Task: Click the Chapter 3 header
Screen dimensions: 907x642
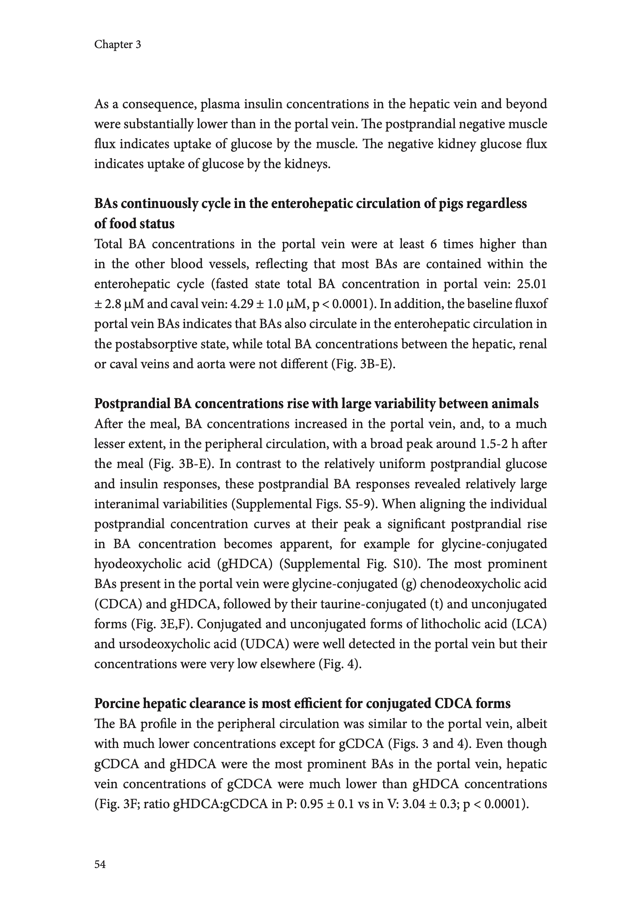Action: click(x=117, y=45)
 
